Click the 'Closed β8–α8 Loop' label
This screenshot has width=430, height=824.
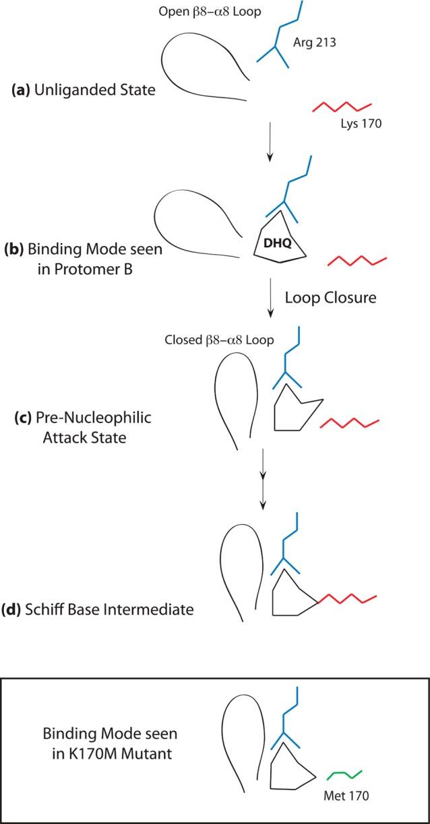[x=219, y=340]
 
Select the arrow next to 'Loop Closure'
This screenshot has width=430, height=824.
[x=270, y=299]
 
